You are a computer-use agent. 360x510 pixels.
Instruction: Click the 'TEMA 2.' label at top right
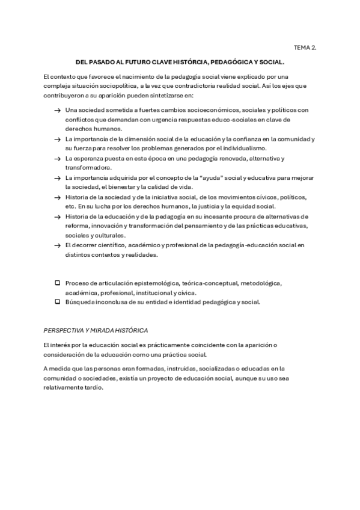[x=305, y=46]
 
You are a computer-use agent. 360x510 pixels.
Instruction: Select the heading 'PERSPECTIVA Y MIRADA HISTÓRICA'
[x=96, y=330]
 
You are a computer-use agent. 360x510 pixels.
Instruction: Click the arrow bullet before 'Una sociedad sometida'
[x=56, y=110]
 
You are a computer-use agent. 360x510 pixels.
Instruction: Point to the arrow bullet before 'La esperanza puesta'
[x=56, y=158]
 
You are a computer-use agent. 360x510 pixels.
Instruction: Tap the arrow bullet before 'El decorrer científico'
[x=56, y=245]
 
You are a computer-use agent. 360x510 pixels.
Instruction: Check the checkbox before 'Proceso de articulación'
[x=57, y=283]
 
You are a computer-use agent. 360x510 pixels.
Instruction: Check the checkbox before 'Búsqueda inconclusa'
[x=57, y=302]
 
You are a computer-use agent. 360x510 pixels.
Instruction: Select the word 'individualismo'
[x=245, y=148]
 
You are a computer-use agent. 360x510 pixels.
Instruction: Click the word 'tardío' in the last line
[x=94, y=387]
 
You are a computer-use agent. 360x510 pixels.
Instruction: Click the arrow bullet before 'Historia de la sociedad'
[x=56, y=197]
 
